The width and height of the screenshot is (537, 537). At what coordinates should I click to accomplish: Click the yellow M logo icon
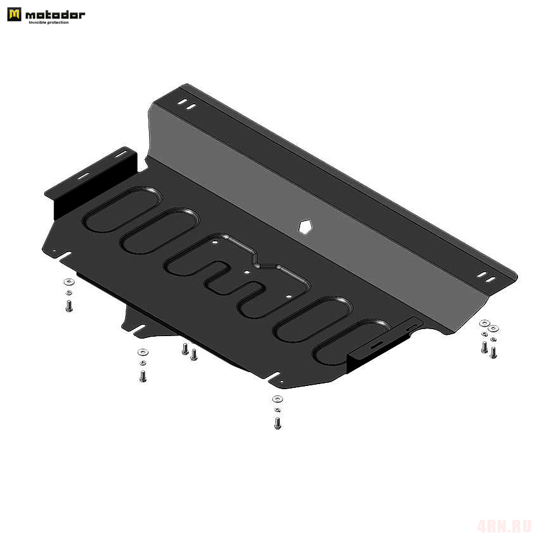(x=14, y=15)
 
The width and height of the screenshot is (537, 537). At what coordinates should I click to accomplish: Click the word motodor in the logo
(x=55, y=15)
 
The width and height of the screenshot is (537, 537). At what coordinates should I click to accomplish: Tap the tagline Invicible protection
(x=49, y=23)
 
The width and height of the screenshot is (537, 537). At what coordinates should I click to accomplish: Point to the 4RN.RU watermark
(x=504, y=526)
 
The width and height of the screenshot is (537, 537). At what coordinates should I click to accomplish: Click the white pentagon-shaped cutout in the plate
(x=305, y=227)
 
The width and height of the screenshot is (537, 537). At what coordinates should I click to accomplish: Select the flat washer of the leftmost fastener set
(x=69, y=282)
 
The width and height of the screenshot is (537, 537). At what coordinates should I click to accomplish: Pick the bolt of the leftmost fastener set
(x=69, y=306)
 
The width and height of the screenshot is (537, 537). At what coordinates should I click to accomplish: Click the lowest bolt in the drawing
(x=278, y=423)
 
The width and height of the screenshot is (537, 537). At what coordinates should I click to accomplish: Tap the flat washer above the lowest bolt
(x=277, y=399)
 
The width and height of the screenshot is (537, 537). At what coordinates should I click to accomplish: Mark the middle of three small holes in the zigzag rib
(x=246, y=272)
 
